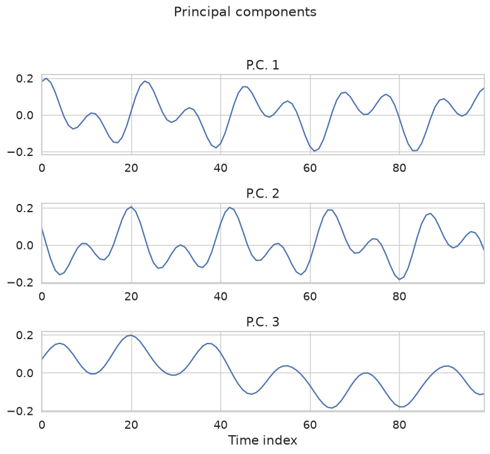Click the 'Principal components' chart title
point(245,12)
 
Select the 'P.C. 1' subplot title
point(263,65)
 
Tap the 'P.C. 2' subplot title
point(263,194)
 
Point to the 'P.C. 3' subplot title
point(263,322)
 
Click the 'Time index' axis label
point(263,440)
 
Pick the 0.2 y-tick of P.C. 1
point(25,79)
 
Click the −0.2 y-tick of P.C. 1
point(20,152)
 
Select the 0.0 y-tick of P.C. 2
point(25,245)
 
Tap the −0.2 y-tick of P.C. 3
point(20,411)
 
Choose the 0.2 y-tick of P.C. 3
point(25,335)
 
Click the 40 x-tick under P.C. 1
point(220,168)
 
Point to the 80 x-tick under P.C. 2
point(399,296)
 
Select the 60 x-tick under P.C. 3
point(310,424)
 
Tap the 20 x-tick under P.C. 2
point(131,296)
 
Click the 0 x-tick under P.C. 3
point(42,424)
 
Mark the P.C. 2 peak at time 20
point(131,207)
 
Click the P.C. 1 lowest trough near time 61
point(314,151)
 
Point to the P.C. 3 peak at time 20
point(131,335)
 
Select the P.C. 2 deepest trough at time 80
point(399,279)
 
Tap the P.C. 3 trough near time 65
point(332,408)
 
